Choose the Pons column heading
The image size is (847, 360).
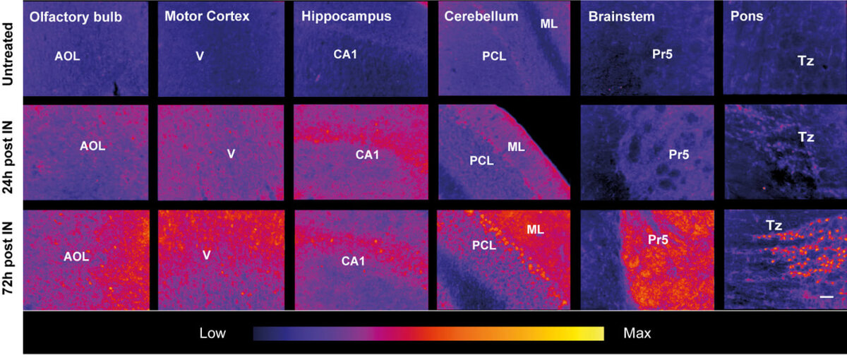tap(747, 16)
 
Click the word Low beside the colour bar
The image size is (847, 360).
tap(212, 333)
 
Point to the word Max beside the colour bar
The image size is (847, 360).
tap(637, 333)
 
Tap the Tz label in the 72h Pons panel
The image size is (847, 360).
tap(774, 225)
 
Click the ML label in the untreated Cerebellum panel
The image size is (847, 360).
tap(548, 24)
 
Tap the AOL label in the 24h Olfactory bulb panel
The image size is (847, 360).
tap(92, 146)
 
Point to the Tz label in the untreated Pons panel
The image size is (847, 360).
tap(806, 61)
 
